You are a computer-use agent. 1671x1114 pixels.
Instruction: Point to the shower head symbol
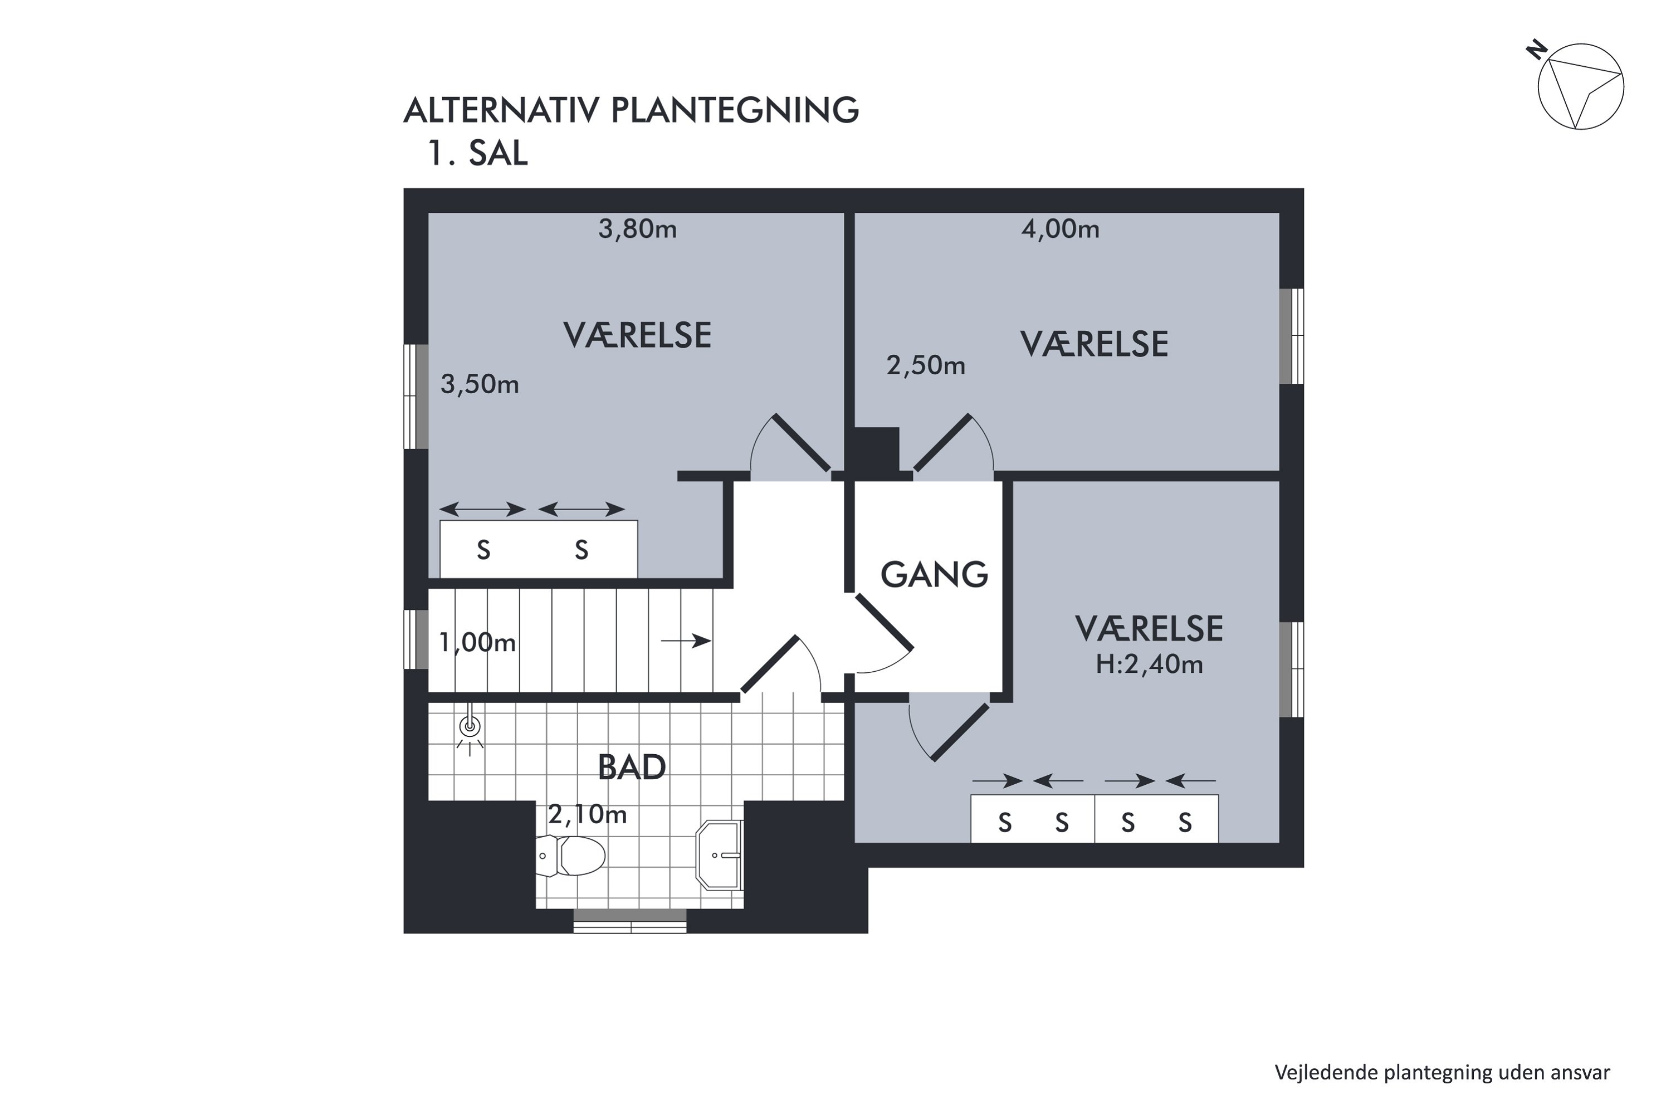pyautogui.click(x=470, y=727)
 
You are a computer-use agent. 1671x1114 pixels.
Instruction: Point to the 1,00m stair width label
pyautogui.click(x=477, y=643)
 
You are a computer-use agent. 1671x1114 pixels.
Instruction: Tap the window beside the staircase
pyautogui.click(x=416, y=639)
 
